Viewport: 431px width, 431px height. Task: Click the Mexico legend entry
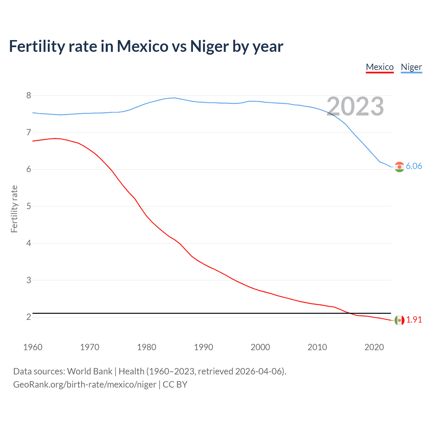[x=379, y=67]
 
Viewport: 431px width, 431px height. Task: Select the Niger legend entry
[x=411, y=67]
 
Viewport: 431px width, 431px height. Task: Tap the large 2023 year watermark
[x=355, y=106]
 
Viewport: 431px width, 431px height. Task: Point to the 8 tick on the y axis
[x=29, y=96]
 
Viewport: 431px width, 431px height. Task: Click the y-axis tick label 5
[x=29, y=206]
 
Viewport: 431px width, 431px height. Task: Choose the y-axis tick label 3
[x=29, y=280]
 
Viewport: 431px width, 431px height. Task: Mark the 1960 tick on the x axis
[x=33, y=347]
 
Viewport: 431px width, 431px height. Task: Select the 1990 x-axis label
[x=203, y=347]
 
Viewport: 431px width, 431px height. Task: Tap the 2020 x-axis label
[x=374, y=347]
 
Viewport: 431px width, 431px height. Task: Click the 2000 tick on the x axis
[x=260, y=347]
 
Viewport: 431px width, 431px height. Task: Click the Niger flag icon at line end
[x=399, y=167]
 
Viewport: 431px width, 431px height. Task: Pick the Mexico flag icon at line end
[x=399, y=320]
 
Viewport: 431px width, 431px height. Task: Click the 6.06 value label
[x=414, y=166]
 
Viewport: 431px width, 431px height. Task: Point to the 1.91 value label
[x=414, y=320]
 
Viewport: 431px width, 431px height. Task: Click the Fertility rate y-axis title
[x=14, y=209]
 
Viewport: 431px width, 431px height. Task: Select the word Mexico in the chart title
[x=142, y=46]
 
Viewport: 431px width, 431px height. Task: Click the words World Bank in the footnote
[x=90, y=371]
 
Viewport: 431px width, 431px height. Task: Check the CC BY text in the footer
[x=175, y=385]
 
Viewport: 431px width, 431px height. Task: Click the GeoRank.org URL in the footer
[x=85, y=385]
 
